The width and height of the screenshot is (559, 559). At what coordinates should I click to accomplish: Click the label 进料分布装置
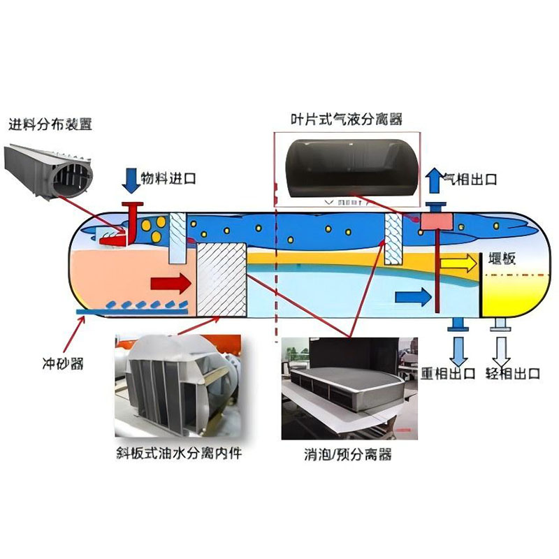coord(50,125)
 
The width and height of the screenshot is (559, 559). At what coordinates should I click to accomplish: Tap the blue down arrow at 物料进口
coord(131,180)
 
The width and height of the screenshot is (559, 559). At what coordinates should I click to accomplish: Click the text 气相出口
coord(471,180)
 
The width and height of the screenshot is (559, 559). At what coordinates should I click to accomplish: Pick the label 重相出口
coord(448,372)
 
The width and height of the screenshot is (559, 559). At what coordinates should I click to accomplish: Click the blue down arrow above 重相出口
coord(458,347)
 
